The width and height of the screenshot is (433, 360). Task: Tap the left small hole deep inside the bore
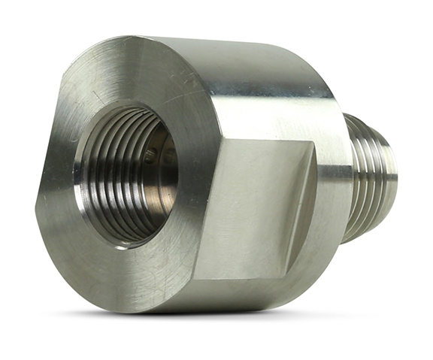click(x=151, y=157)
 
